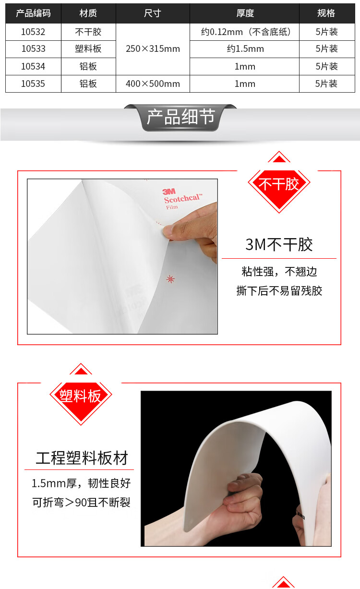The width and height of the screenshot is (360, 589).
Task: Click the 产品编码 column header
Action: click(x=33, y=13)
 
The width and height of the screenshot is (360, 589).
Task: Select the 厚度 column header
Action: click(x=245, y=13)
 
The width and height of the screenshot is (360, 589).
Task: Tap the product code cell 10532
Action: click(x=33, y=32)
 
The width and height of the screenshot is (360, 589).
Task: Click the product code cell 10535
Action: click(x=33, y=84)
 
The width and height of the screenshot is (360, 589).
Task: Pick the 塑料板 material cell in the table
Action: click(x=88, y=48)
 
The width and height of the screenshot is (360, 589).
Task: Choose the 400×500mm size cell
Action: click(x=153, y=84)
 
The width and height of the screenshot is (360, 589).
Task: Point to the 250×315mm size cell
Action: click(x=153, y=48)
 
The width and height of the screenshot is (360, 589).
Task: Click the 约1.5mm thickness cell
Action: click(x=245, y=48)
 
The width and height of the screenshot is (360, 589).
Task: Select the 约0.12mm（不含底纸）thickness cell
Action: click(x=245, y=32)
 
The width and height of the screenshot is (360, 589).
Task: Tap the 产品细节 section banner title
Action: click(x=180, y=117)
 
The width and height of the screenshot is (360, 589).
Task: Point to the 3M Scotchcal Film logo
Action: click(x=182, y=199)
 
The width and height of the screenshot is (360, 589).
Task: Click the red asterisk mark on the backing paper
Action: click(x=170, y=279)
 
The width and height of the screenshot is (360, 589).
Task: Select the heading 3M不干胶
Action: click(x=279, y=245)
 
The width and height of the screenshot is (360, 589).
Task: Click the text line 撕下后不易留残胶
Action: click(x=279, y=291)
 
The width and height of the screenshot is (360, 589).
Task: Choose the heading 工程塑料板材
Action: click(x=82, y=458)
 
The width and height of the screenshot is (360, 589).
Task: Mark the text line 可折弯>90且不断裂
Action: click(x=81, y=502)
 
